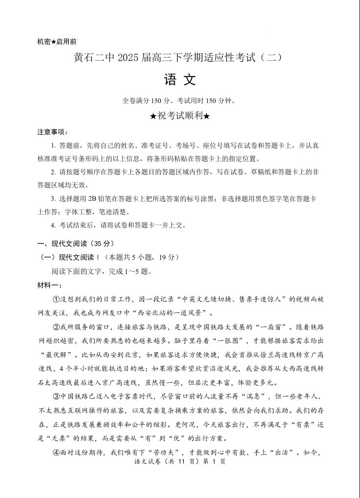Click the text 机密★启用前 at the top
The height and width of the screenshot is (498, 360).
(x=57, y=41)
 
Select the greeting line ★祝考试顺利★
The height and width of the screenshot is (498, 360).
(x=180, y=116)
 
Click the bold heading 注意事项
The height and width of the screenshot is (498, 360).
(x=53, y=132)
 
